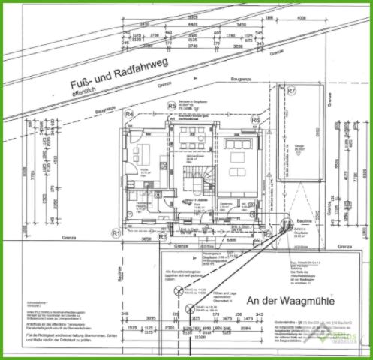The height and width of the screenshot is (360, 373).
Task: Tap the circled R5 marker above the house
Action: pos(171,106)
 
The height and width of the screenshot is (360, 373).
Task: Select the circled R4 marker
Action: pos(129,114)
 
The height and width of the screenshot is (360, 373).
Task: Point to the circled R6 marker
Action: pos(255,119)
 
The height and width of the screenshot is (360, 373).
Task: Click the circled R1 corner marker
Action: pos(116,233)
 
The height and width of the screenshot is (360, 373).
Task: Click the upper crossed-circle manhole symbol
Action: pos(179,289)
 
